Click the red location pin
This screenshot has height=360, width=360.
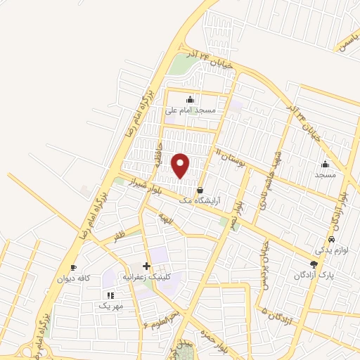tap(181, 165)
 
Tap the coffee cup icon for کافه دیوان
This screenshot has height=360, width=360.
tap(73, 268)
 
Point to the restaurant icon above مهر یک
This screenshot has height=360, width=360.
tap(110, 295)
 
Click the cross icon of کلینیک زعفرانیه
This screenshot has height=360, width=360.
tap(146, 266)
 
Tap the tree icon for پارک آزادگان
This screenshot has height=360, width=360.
tap(313, 264)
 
